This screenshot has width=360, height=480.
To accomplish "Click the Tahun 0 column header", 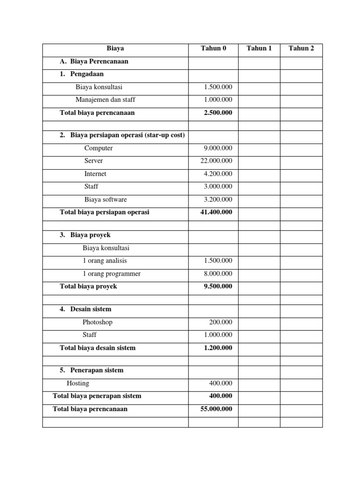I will pyautogui.click(x=213, y=48).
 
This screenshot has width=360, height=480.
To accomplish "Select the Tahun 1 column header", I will pyautogui.click(x=259, y=48).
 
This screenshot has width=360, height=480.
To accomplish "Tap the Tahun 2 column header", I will pyautogui.click(x=301, y=48).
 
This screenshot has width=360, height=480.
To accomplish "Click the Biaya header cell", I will pyautogui.click(x=115, y=48).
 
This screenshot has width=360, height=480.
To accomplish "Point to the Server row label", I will pyautogui.click(x=94, y=161).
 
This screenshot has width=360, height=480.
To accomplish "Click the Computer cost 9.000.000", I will pyautogui.click(x=217, y=148).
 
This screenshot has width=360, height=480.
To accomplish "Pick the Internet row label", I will pyautogui.click(x=95, y=174).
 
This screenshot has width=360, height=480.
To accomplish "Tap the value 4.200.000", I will pyautogui.click(x=217, y=174).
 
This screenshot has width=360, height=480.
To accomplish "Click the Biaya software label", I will pyautogui.click(x=105, y=199).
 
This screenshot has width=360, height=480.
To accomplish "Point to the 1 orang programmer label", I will pyautogui.click(x=112, y=274).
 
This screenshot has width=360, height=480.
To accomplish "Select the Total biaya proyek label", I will pyautogui.click(x=89, y=286).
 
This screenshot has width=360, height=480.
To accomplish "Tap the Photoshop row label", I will pyautogui.click(x=97, y=322).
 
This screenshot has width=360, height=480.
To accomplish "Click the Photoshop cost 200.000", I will pyautogui.click(x=220, y=322).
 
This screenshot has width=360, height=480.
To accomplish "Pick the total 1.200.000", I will pyautogui.click(x=217, y=348).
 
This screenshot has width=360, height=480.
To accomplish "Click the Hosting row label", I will pyautogui.click(x=78, y=383).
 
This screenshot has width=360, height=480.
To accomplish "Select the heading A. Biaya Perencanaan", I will pyautogui.click(x=94, y=61).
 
